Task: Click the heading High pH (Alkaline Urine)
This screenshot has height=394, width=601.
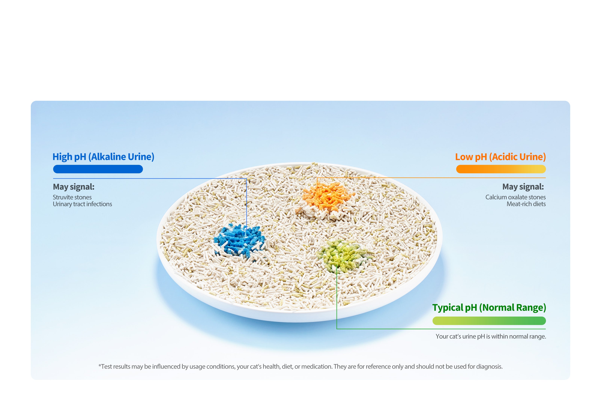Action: coord(103,157)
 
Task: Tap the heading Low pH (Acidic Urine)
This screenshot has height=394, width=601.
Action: coord(500,157)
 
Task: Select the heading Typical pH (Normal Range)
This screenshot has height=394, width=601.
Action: coord(489,308)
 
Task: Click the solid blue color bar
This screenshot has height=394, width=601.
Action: coord(98,169)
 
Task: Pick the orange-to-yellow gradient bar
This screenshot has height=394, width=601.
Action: coord(501,169)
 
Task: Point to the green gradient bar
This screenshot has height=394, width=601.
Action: coord(489,321)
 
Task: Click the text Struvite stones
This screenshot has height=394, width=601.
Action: coord(72,197)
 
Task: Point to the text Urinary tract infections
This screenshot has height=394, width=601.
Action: coord(82,204)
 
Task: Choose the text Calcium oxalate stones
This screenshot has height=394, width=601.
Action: coord(515,197)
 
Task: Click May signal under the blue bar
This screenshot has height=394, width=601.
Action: coord(73,187)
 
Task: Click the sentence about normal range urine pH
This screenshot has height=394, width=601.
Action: coord(491,336)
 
